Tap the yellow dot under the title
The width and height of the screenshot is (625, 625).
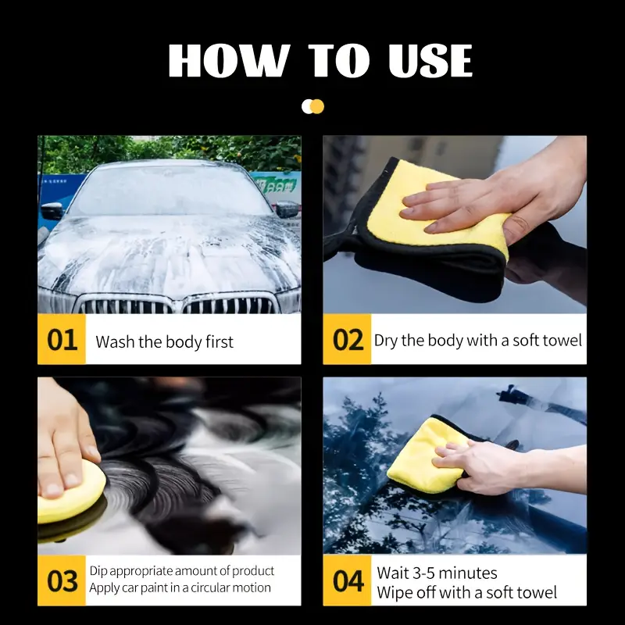click(x=317, y=106)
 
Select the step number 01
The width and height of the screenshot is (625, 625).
click(x=62, y=341)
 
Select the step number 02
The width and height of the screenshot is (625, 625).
click(x=348, y=341)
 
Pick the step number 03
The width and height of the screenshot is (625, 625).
click(x=62, y=581)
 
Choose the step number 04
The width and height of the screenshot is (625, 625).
click(x=348, y=581)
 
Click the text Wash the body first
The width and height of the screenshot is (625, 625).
click(x=164, y=341)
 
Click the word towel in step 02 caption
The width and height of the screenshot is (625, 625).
click(x=562, y=341)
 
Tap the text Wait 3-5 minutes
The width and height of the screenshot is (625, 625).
click(x=437, y=573)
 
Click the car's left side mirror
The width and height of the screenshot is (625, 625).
click(x=52, y=210)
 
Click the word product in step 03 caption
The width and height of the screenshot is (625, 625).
click(x=249, y=572)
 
